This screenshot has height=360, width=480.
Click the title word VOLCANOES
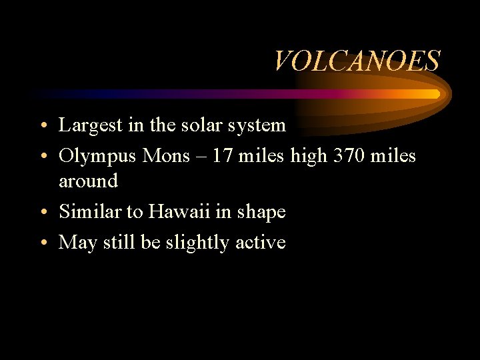(x=357, y=61)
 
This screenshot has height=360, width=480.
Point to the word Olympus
(x=97, y=157)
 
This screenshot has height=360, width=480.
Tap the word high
(x=308, y=157)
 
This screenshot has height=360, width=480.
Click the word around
(x=88, y=181)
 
